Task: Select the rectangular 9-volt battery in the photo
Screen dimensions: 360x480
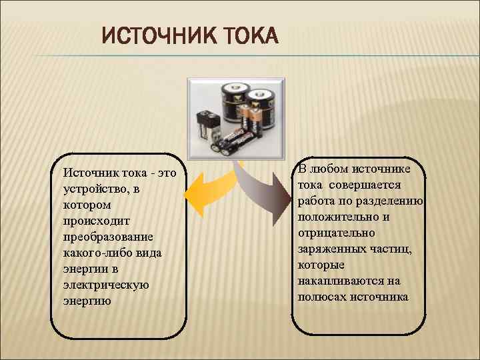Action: tap(207, 126)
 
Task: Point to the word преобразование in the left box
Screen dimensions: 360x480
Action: tap(107, 237)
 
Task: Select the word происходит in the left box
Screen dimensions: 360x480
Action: tap(93, 221)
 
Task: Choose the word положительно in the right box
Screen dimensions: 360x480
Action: tap(337, 217)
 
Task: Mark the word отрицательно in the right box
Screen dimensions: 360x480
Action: tap(336, 233)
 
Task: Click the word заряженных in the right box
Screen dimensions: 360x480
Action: tap(331, 249)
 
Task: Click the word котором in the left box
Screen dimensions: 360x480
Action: tap(86, 205)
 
